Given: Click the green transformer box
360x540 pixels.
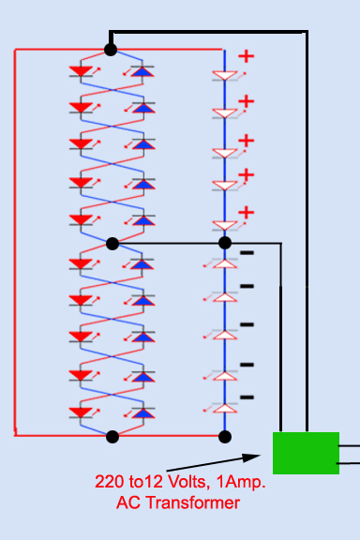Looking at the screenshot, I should pyautogui.click(x=306, y=453).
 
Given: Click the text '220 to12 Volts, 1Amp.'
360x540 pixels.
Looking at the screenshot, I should pyautogui.click(x=180, y=483).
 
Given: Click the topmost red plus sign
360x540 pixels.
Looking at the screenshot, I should pyautogui.click(x=246, y=56).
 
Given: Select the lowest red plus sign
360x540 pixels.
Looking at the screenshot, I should pyautogui.click(x=246, y=213).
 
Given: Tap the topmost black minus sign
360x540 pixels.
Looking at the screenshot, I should pyautogui.click(x=247, y=252).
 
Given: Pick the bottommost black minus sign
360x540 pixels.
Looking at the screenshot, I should pyautogui.click(x=247, y=397).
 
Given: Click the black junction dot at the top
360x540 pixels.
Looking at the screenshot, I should pyautogui.click(x=112, y=49).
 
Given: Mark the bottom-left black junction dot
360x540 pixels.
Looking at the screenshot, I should pyautogui.click(x=112, y=436).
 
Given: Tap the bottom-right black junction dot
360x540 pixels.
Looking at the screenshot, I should pyautogui.click(x=224, y=436).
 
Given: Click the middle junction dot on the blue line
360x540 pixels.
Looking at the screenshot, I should pyautogui.click(x=225, y=243).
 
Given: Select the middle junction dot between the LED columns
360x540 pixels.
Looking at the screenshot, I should pyautogui.click(x=112, y=244).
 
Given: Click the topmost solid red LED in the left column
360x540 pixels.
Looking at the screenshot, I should pyautogui.click(x=82, y=71).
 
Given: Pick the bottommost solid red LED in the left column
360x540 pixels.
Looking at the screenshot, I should pyautogui.click(x=82, y=412).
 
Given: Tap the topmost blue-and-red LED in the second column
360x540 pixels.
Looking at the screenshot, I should pyautogui.click(x=142, y=71).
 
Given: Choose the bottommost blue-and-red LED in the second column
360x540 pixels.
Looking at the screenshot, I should pyautogui.click(x=142, y=412).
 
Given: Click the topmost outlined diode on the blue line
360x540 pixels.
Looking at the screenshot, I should pyautogui.click(x=225, y=75).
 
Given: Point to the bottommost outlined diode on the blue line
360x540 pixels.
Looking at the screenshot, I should pyautogui.click(x=225, y=409).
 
